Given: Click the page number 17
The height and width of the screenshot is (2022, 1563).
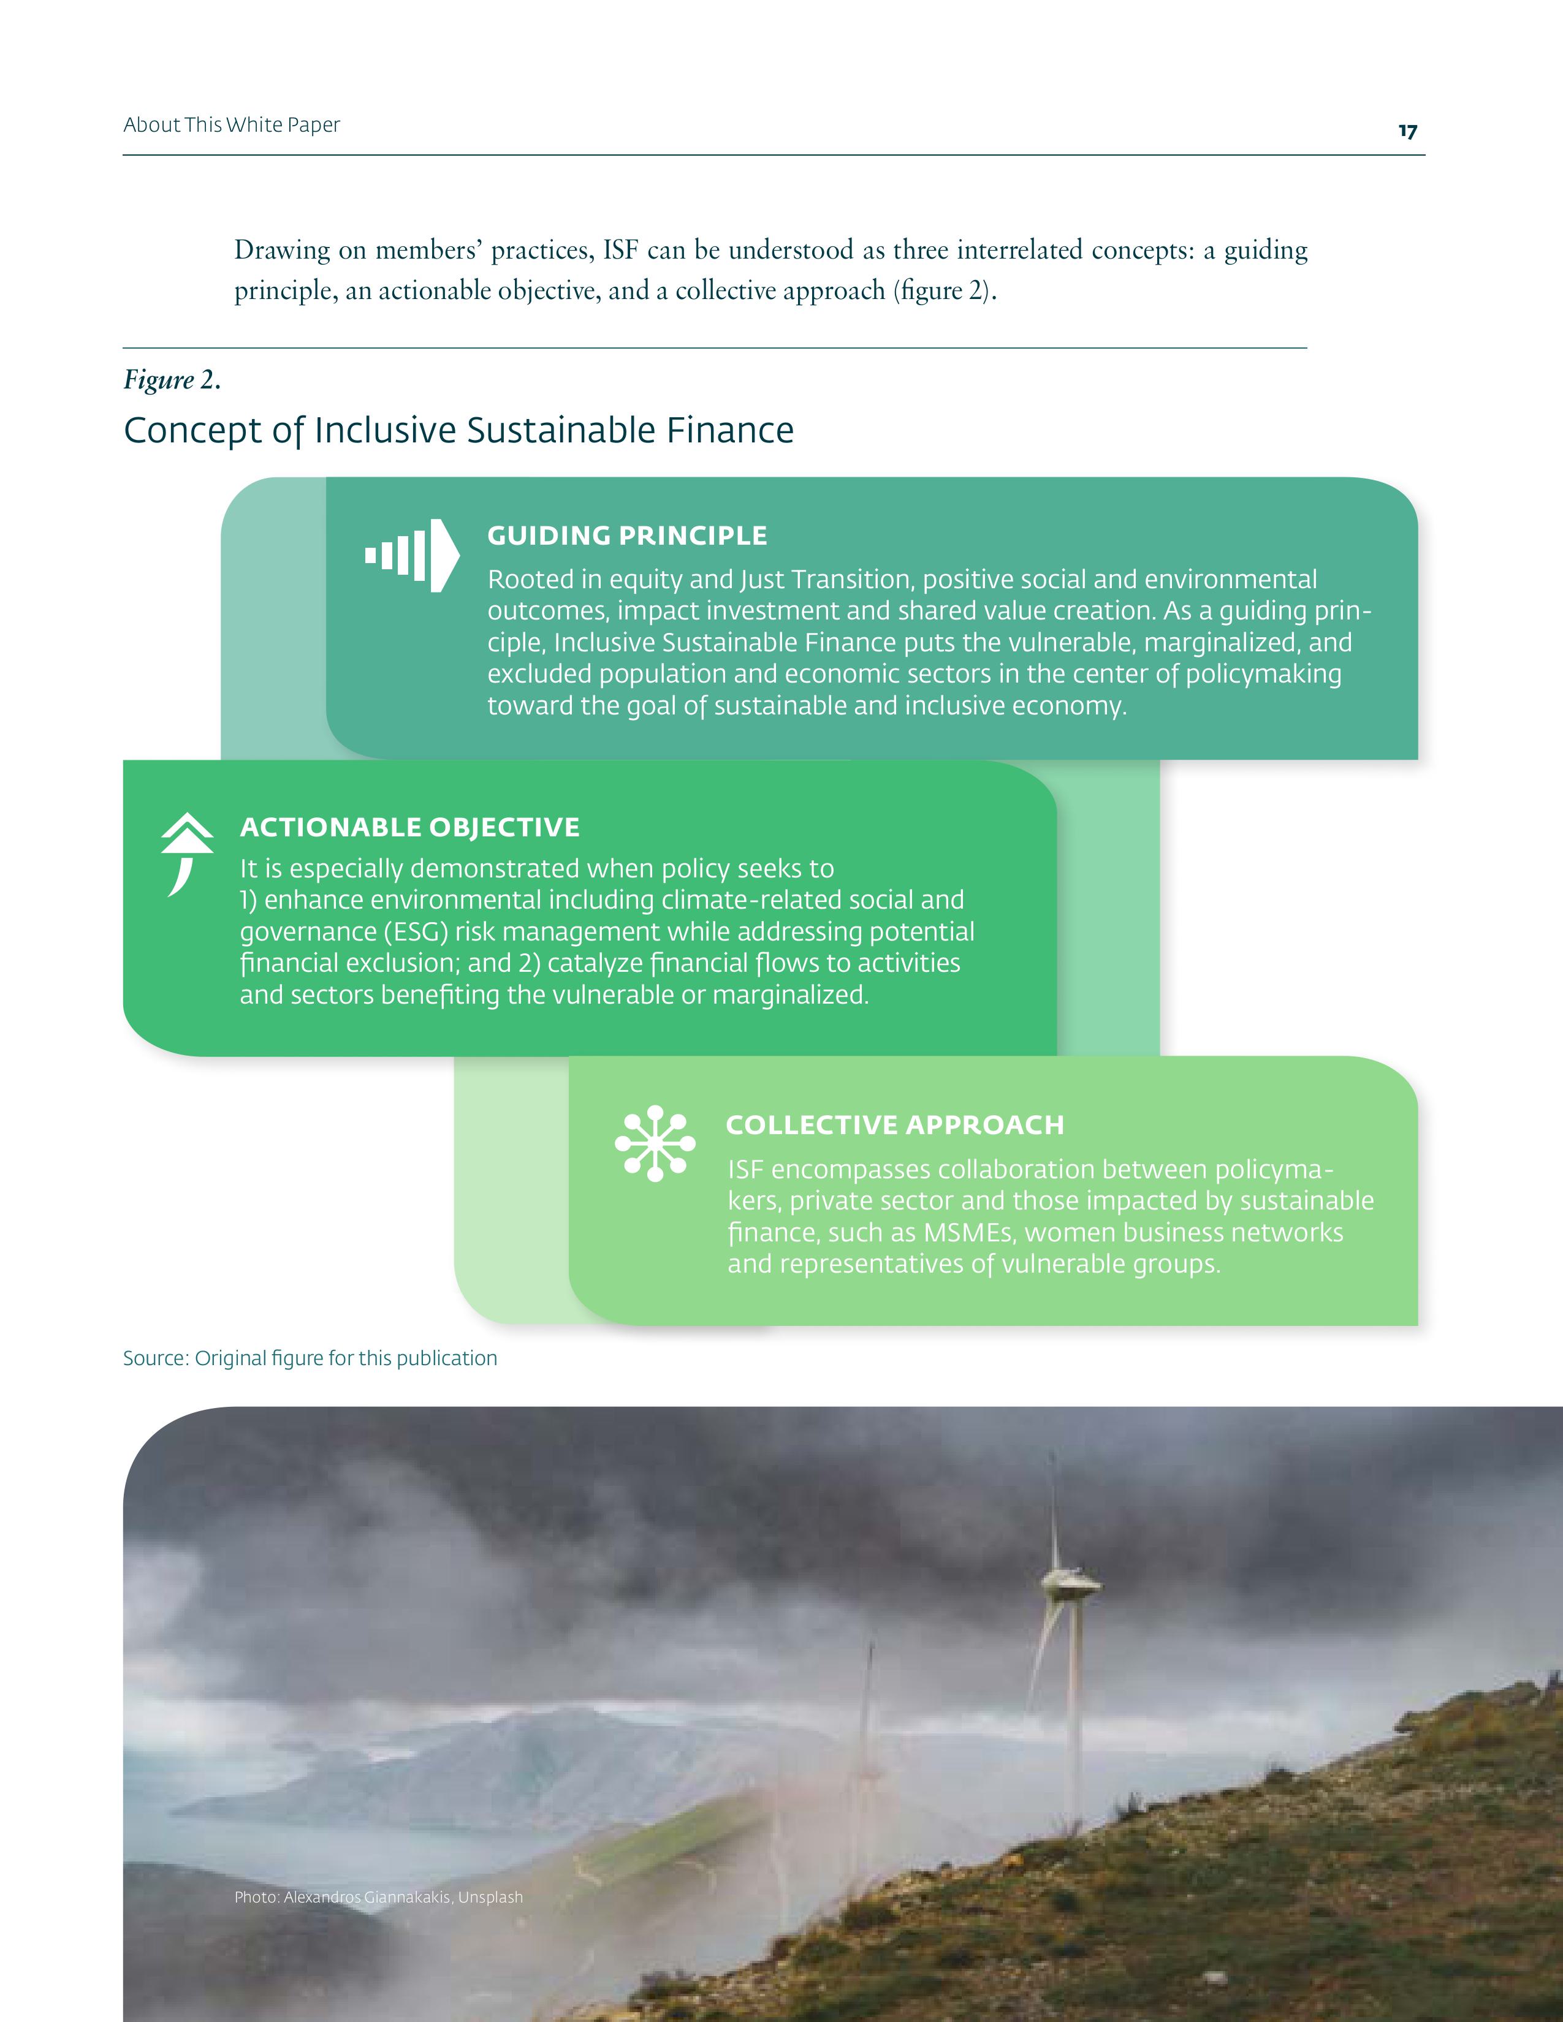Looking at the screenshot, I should click(1407, 132).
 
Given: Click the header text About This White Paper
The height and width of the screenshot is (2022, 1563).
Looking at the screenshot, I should click(232, 125).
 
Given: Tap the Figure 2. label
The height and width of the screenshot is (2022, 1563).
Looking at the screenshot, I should click(171, 380).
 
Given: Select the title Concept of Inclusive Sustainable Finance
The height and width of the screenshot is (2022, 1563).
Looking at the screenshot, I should click(458, 431).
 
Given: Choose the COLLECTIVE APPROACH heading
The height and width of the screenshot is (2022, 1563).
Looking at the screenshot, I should click(894, 1125).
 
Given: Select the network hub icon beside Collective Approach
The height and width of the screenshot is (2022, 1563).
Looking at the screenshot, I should click(655, 1143).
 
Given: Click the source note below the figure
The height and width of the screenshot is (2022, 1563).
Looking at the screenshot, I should click(310, 1358).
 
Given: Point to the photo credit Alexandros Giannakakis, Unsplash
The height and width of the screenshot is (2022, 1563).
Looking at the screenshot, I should click(379, 1897).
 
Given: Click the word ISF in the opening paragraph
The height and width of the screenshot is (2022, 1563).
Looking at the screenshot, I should click(620, 250).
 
